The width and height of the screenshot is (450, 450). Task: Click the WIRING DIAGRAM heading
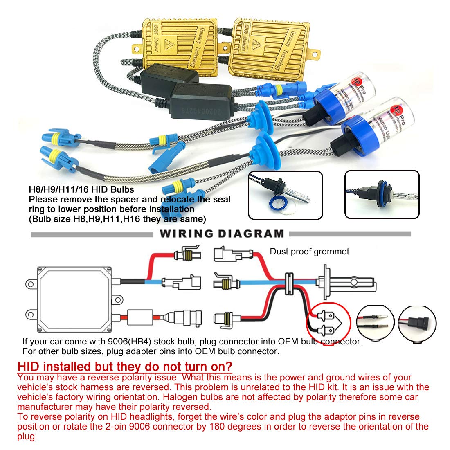pyautogui.click(x=221, y=234)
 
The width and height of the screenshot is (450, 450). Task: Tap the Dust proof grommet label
pyautogui.click(x=309, y=252)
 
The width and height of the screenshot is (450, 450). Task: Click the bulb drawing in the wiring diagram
pyautogui.click(x=348, y=282)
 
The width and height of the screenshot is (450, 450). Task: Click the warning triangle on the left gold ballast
pyautogui.click(x=168, y=43)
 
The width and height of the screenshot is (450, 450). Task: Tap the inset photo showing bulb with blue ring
pyautogui.click(x=285, y=195)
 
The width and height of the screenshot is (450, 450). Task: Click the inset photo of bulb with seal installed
pyautogui.click(x=381, y=194)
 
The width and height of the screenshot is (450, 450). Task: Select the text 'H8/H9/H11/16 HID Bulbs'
pyautogui.click(x=81, y=190)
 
